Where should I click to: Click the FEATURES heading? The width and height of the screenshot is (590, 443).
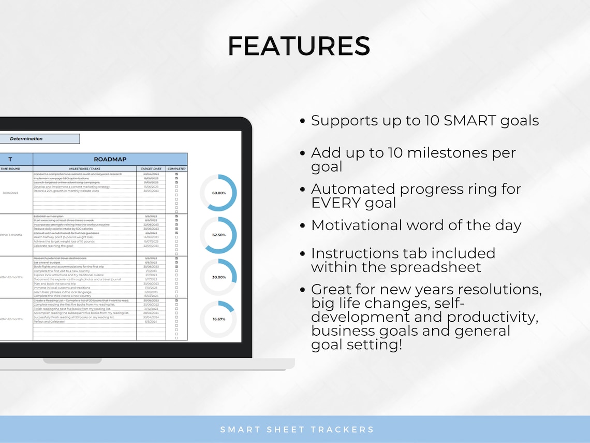[299, 46]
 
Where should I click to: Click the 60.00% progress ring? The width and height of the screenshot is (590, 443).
[218, 193]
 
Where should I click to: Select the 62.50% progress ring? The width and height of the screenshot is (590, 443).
[218, 235]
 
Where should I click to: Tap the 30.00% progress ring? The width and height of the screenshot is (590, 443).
[218, 277]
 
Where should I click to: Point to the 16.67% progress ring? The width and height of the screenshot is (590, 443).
[218, 319]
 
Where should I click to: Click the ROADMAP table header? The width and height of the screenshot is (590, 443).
[110, 159]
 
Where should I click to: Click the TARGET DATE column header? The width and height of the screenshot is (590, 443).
[151, 168]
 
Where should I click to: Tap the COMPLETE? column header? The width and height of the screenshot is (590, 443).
[176, 168]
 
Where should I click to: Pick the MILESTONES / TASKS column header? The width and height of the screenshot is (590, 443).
[84, 168]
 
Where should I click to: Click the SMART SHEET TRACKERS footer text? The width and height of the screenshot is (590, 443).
[297, 429]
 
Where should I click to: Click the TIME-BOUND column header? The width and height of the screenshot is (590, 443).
[10, 168]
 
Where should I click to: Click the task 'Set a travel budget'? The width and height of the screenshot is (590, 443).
[48, 263]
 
